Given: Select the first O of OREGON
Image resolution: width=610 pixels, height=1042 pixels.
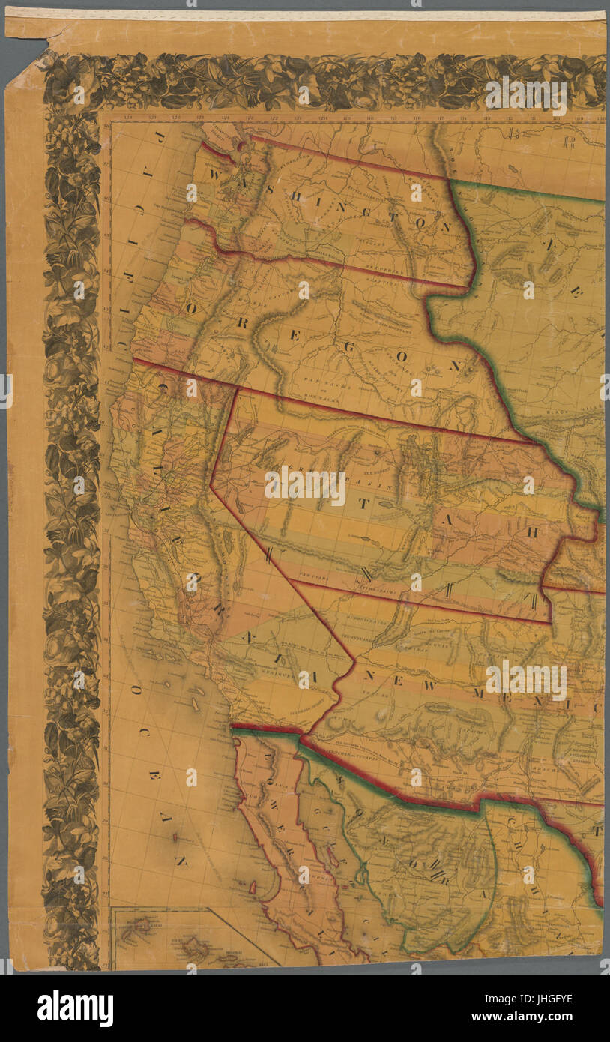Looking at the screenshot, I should point(192,308).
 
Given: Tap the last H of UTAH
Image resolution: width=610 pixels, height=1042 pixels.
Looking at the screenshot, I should point(534,531).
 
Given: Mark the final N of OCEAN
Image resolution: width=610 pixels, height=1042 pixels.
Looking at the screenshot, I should point(180,861).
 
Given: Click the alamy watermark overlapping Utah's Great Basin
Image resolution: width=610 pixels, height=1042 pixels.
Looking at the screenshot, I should point(304,486).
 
